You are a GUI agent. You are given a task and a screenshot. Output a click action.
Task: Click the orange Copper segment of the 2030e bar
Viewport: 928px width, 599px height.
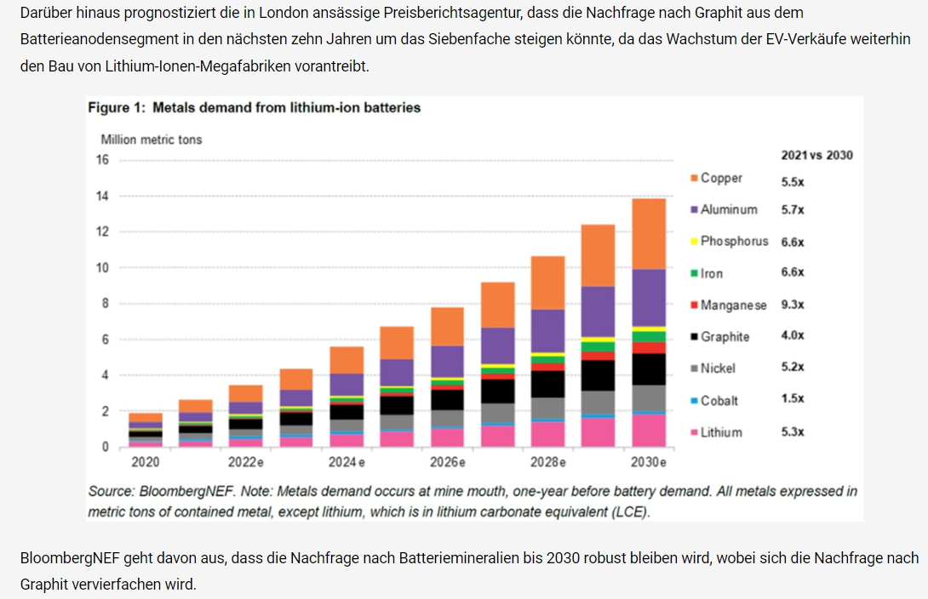tap(649, 234)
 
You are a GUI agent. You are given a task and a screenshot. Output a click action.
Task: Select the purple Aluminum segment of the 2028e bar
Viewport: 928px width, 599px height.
tap(548, 331)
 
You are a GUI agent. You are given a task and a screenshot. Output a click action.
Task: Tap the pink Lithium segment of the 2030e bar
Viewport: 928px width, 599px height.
tap(649, 430)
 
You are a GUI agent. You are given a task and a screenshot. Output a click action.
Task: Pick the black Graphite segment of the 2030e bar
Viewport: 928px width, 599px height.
tap(649, 369)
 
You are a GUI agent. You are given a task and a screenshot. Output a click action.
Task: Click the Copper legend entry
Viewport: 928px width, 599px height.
tap(720, 178)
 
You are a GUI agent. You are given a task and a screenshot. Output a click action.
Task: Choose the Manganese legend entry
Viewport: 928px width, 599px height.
tap(733, 305)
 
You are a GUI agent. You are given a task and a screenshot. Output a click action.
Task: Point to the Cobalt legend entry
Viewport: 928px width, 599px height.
tap(719, 400)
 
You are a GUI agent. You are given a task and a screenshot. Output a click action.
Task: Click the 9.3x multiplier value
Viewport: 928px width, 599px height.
tap(793, 305)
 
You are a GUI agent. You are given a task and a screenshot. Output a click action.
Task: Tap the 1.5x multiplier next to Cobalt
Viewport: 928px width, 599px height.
tap(793, 399)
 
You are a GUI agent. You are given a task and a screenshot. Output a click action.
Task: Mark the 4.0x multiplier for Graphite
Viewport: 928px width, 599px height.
tap(793, 336)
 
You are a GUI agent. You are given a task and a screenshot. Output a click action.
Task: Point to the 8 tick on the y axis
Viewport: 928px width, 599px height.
tap(106, 304)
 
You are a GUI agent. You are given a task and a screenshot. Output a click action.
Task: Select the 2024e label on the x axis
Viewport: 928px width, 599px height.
tap(347, 463)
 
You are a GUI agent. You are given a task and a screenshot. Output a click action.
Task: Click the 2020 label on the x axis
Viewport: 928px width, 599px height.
tap(145, 463)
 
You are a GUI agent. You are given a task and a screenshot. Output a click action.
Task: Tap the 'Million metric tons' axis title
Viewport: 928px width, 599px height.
tap(152, 139)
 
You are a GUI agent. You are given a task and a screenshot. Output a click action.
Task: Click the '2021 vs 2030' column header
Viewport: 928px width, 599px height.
tap(816, 155)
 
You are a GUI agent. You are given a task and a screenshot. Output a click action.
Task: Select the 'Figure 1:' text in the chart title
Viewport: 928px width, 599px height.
tap(118, 108)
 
